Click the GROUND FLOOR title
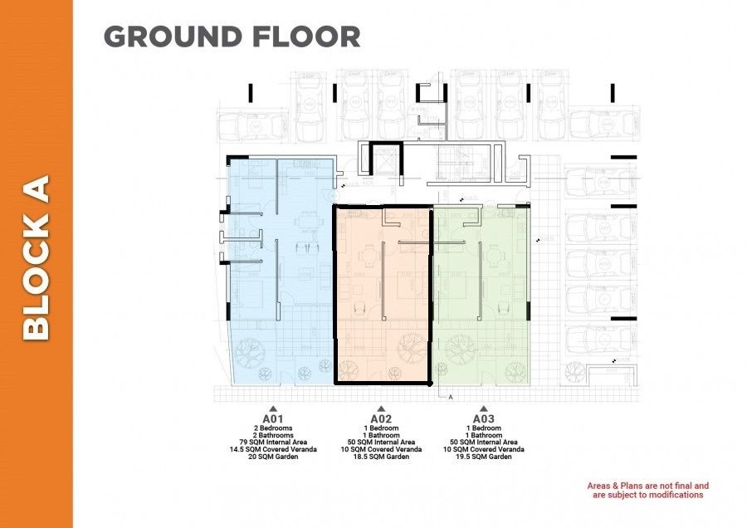tap(232, 37)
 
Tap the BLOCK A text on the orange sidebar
tap(37, 257)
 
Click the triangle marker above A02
tap(381, 408)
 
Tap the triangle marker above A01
tap(274, 408)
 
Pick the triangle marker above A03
tap(484, 408)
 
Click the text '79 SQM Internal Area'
tap(274, 442)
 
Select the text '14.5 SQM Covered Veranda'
tap(274, 450)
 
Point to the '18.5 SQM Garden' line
tap(381, 457)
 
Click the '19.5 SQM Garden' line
tap(484, 457)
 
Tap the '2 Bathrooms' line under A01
tap(274, 435)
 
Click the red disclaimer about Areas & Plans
tap(647, 490)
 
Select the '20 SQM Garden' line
tap(274, 457)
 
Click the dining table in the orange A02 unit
tap(363, 258)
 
